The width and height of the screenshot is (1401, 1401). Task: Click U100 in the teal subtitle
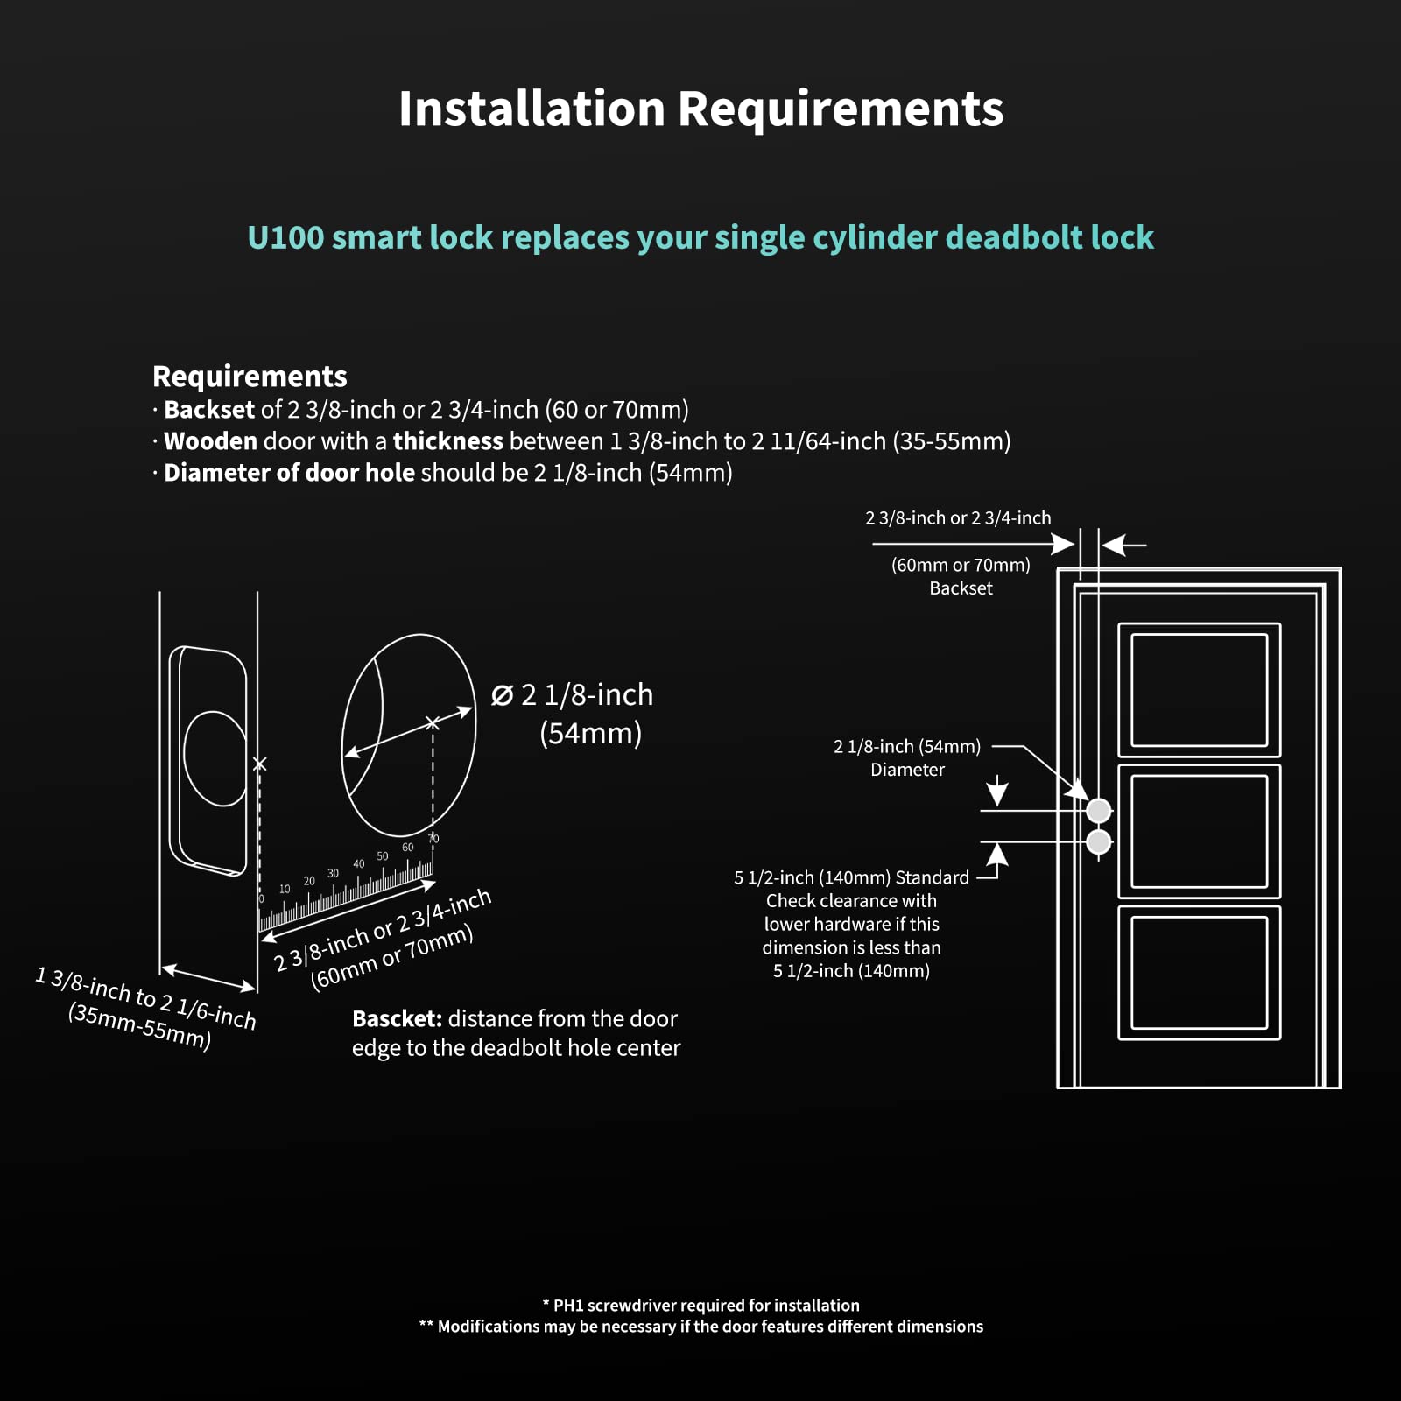[x=285, y=238]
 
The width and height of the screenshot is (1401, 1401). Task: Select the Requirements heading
[x=250, y=377]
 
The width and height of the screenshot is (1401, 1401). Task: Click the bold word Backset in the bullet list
[x=209, y=410]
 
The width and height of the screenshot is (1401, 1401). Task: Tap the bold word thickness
[x=447, y=441]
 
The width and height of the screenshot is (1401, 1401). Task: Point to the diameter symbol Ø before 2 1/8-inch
[x=502, y=696]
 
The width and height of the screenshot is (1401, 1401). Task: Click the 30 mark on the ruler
[x=333, y=873]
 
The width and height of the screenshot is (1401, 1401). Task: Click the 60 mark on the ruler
[x=407, y=847]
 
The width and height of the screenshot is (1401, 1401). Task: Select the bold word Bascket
[x=397, y=1019]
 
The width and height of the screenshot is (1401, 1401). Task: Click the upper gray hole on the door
[x=1098, y=811]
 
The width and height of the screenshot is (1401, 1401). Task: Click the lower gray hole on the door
[x=1098, y=842]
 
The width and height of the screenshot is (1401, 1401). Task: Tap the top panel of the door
[x=1199, y=690]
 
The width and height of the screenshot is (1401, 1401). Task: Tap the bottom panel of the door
[x=1199, y=973]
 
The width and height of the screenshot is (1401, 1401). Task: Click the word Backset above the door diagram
[x=961, y=588]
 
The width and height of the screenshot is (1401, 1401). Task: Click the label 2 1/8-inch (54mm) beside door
[x=907, y=747]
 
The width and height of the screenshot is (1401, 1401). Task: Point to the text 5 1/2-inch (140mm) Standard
[x=851, y=877]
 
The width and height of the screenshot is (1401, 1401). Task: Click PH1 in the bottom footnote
[x=569, y=1306]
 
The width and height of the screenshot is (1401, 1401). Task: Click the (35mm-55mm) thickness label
[x=140, y=1026]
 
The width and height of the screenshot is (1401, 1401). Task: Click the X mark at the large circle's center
[x=433, y=723]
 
